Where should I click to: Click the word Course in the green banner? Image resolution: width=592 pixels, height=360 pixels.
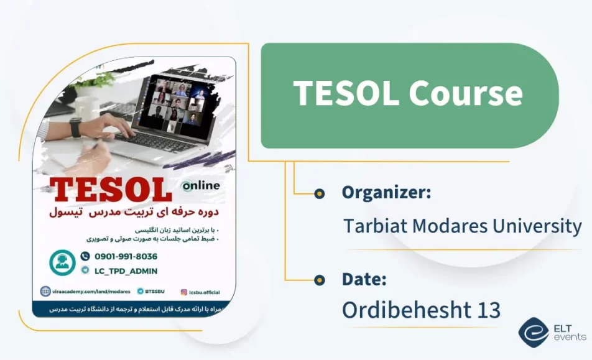(x=466, y=93)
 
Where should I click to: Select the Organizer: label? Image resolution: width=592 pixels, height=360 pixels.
(x=386, y=193)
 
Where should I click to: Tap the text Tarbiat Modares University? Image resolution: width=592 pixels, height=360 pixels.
(x=463, y=226)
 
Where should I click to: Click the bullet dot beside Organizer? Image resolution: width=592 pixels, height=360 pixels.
(x=320, y=193)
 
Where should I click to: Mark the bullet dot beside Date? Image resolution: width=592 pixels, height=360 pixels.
(x=320, y=280)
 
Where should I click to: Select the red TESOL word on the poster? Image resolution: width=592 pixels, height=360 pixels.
(x=111, y=189)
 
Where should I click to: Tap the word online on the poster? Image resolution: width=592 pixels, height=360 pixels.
(x=200, y=185)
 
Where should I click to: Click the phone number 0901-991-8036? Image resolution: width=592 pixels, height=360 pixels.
(x=126, y=256)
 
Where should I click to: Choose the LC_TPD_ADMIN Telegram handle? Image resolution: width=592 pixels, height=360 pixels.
(x=126, y=270)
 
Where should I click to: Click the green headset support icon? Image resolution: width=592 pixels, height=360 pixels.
(x=62, y=263)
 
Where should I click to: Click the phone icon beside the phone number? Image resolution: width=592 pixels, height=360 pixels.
(x=85, y=256)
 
